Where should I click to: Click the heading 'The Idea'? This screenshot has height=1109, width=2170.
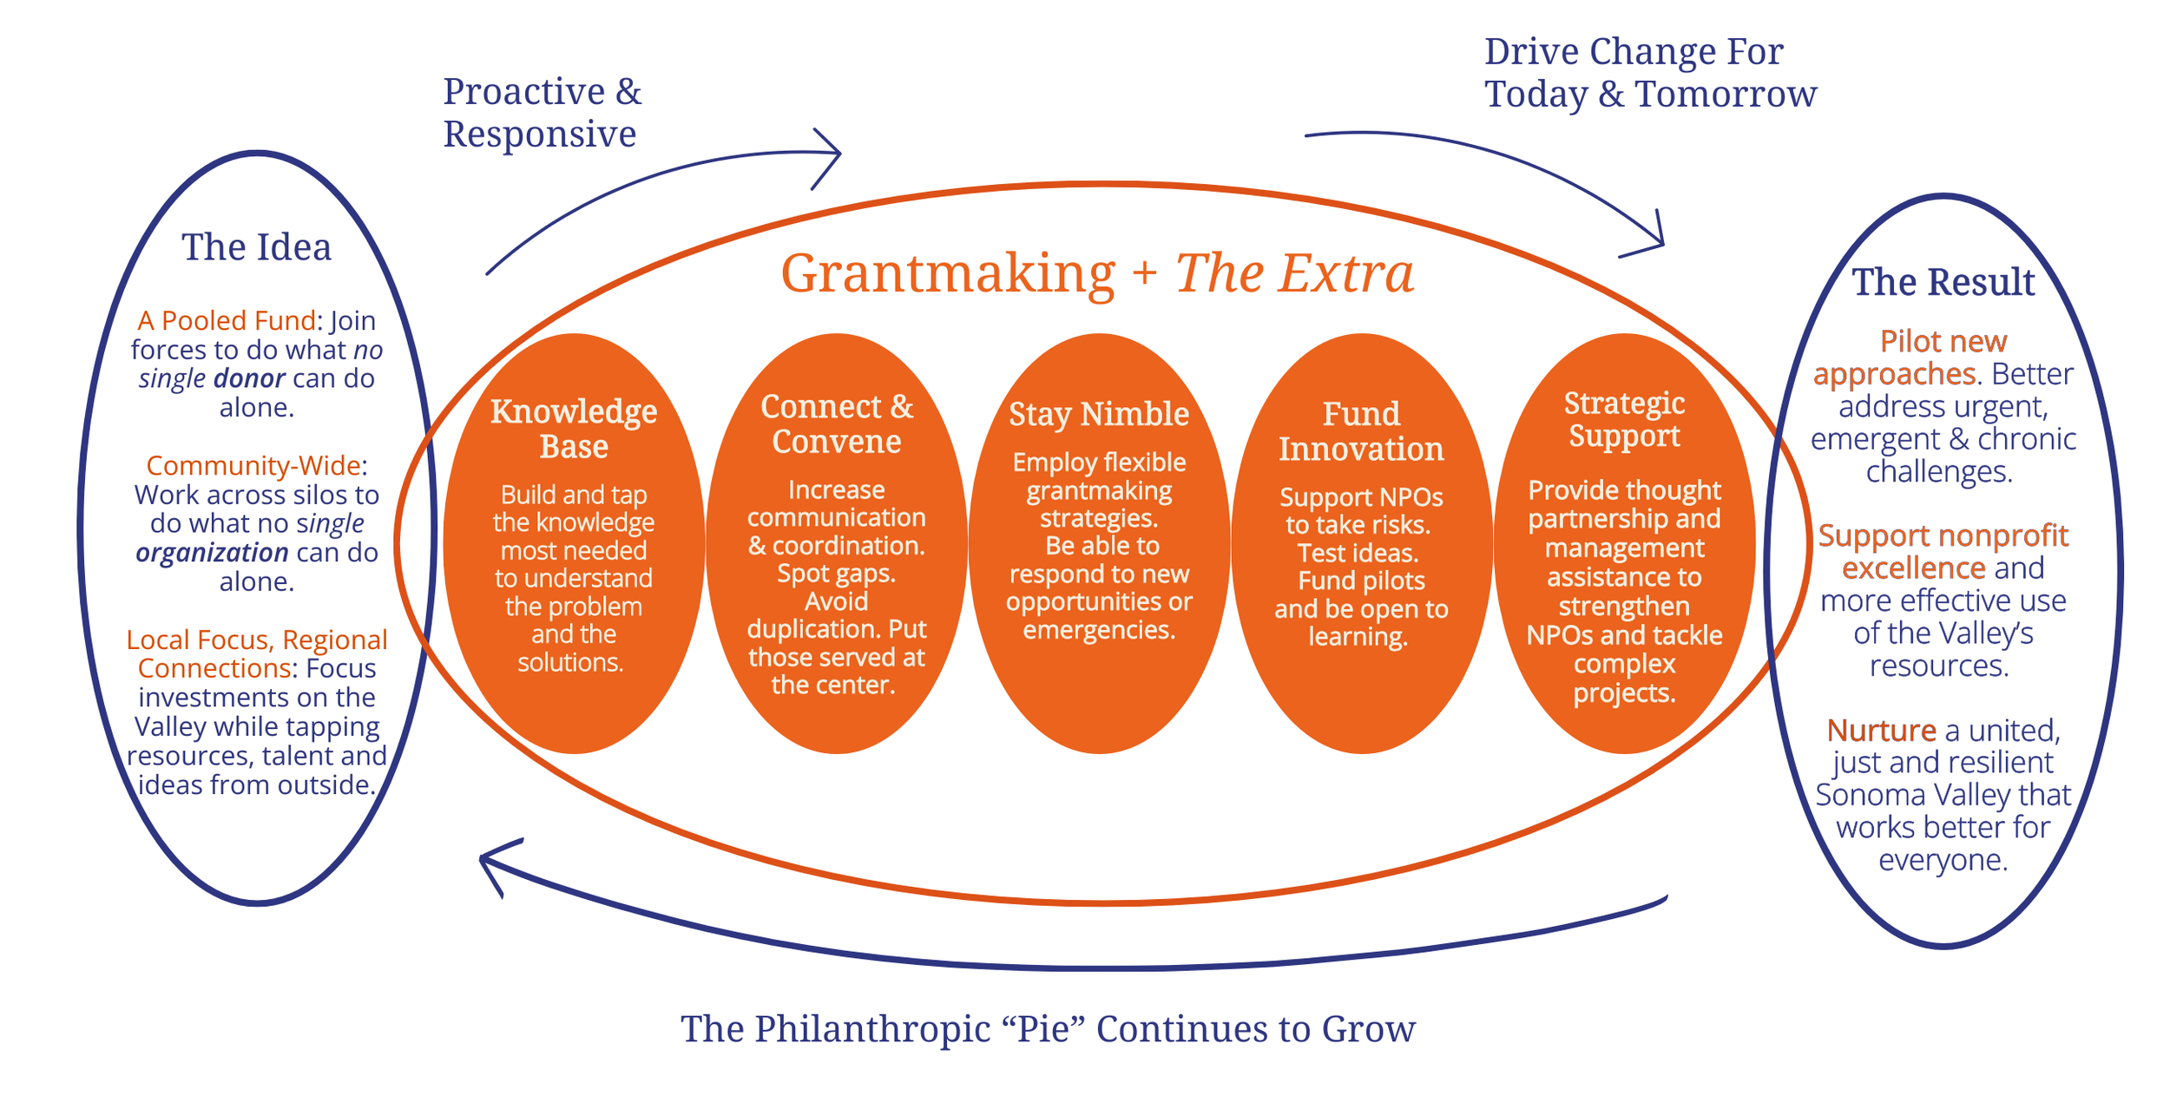(256, 248)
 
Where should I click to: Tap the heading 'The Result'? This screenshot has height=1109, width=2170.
(1943, 283)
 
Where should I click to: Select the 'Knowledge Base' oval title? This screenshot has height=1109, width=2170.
(574, 429)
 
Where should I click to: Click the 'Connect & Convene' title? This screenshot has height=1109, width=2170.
(837, 424)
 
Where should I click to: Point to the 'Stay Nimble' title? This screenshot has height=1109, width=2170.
(1099, 415)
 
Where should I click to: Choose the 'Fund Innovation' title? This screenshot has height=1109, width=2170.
(1361, 431)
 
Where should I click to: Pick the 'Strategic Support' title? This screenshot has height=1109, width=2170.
(1624, 419)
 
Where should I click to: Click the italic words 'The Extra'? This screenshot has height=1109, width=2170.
(1294, 274)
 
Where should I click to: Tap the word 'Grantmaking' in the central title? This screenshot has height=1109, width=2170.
(948, 274)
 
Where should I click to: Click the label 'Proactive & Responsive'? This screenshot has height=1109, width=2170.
(542, 113)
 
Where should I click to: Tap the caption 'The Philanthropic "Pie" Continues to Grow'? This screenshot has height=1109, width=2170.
(1048, 1030)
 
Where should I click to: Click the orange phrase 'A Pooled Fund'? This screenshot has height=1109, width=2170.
(226, 321)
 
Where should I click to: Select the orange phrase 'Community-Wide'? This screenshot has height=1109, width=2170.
(253, 466)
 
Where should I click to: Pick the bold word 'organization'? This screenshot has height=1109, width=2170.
(212, 553)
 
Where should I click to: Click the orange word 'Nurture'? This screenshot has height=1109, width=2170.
(1881, 731)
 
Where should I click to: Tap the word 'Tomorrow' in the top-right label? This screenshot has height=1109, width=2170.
(1726, 94)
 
